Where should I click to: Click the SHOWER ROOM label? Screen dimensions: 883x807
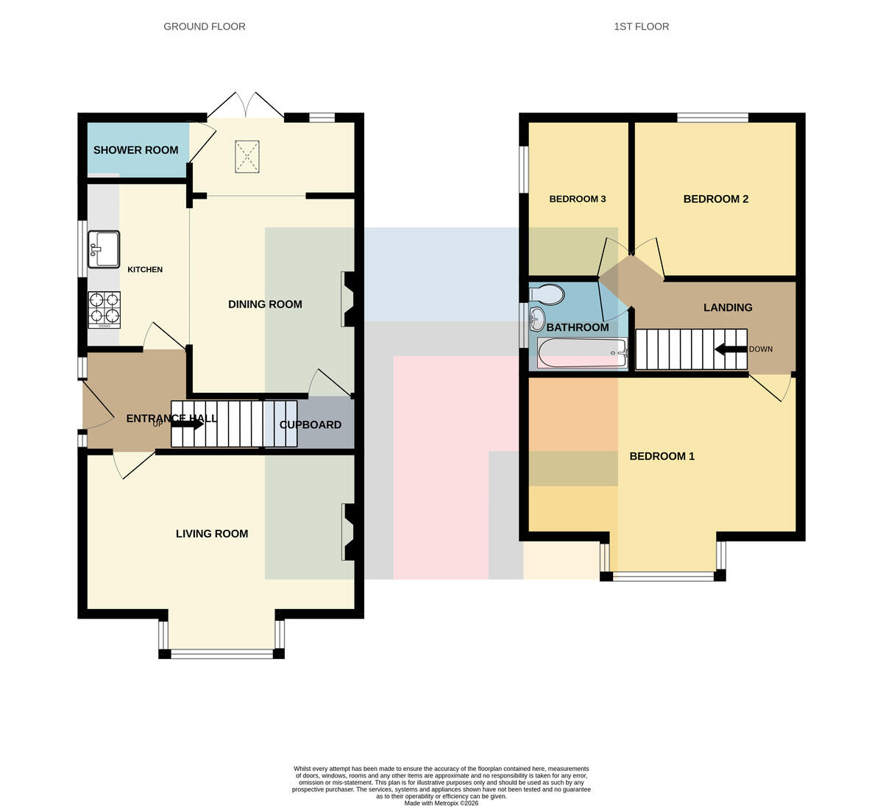point(135,150)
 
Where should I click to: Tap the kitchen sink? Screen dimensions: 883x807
point(104,249)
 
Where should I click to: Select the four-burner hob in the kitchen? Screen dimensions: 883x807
point(104,310)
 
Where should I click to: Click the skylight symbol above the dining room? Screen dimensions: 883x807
point(247,157)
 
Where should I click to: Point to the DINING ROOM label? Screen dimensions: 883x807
point(265,305)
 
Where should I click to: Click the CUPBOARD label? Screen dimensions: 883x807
point(311,425)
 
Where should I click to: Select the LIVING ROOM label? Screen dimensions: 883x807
point(212,533)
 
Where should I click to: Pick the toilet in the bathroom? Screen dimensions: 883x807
point(547,294)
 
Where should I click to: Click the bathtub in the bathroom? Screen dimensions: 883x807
point(582,352)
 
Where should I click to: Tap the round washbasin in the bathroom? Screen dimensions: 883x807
point(536,319)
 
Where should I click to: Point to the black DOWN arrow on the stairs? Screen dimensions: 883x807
point(731,350)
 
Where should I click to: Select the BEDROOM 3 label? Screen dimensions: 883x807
point(578,199)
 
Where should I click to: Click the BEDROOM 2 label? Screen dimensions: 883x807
point(716,199)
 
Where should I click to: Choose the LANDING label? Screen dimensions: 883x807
point(728,307)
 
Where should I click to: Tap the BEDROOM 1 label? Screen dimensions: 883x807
point(662,456)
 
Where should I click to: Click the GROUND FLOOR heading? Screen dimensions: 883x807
point(205,26)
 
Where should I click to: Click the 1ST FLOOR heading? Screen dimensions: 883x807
point(642,26)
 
